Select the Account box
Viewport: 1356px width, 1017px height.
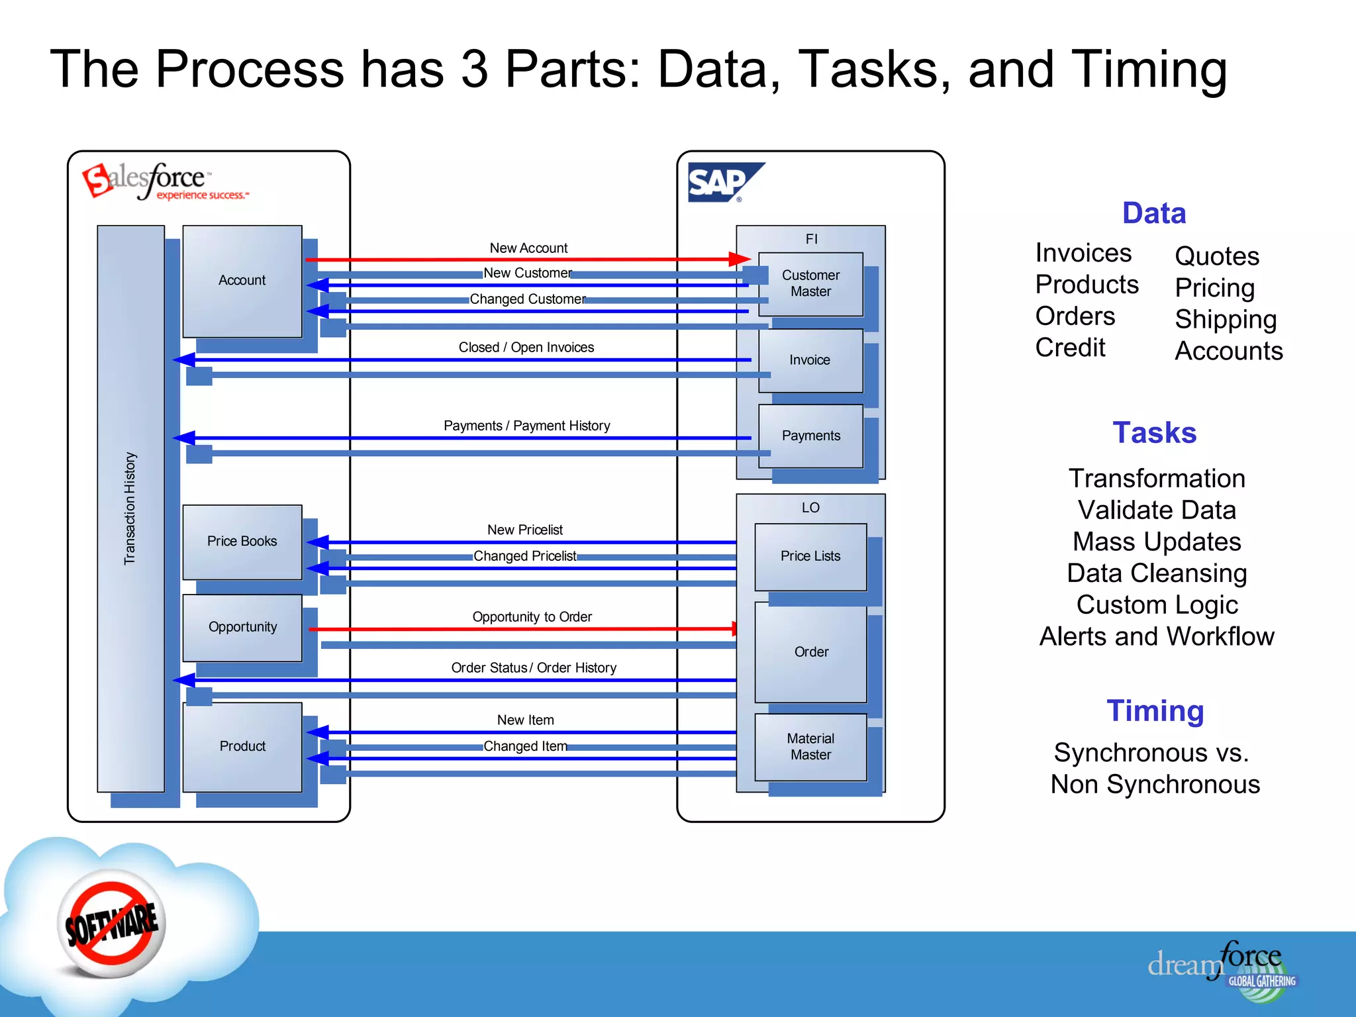click(x=242, y=281)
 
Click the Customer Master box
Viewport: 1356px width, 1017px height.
click(x=810, y=283)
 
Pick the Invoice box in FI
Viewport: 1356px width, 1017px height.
click(x=810, y=360)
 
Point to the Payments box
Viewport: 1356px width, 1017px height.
click(x=810, y=436)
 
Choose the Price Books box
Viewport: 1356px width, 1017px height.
click(x=242, y=542)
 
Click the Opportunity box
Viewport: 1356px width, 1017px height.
click(x=242, y=627)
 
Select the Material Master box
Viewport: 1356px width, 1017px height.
click(x=810, y=747)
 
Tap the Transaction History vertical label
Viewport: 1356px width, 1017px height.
click(x=130, y=508)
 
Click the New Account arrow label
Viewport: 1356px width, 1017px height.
click(x=528, y=248)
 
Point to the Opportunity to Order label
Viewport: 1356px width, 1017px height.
click(x=532, y=617)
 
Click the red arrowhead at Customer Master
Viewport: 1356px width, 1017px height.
click(x=740, y=260)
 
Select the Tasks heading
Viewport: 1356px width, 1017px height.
click(x=1154, y=433)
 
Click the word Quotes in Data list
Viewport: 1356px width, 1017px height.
click(x=1217, y=256)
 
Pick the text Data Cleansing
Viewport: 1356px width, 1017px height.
click(x=1157, y=573)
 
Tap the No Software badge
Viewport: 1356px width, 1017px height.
click(x=111, y=924)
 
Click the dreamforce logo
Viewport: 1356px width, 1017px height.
click(x=1222, y=967)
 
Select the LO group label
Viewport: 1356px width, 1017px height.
click(x=810, y=508)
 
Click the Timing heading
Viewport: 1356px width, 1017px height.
click(x=1155, y=711)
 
